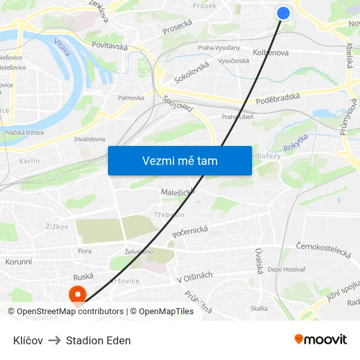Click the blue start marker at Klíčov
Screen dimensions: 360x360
pyautogui.click(x=283, y=13)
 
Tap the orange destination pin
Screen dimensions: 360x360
pyautogui.click(x=78, y=295)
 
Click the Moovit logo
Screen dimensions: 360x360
pyautogui.click(x=320, y=339)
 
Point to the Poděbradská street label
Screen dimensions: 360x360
pyautogui.click(x=278, y=97)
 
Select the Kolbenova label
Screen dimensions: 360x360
pyautogui.click(x=270, y=53)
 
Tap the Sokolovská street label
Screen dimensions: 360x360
pyautogui.click(x=192, y=72)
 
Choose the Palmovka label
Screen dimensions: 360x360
pyautogui.click(x=131, y=98)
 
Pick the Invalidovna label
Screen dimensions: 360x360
pyautogui.click(x=90, y=139)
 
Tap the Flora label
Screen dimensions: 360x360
pyautogui.click(x=84, y=251)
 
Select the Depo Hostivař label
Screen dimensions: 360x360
pyautogui.click(x=287, y=270)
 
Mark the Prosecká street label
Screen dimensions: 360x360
pyautogui.click(x=177, y=26)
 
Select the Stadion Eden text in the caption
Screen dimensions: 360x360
pyautogui.click(x=98, y=340)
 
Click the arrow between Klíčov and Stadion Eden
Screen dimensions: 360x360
pyautogui.click(x=54, y=340)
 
